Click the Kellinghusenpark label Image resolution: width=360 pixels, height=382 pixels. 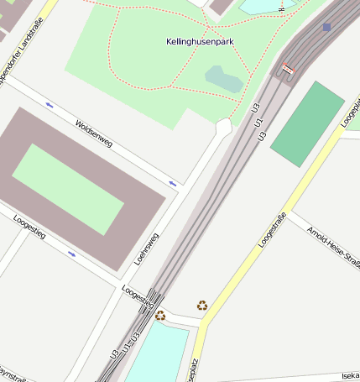click(x=200, y=41)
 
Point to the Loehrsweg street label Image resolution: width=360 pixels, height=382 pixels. click(x=146, y=249)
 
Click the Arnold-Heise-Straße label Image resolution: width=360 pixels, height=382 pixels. click(x=333, y=248)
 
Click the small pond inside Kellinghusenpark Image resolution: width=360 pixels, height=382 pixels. click(x=224, y=80)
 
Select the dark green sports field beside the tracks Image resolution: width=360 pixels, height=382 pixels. click(x=307, y=123)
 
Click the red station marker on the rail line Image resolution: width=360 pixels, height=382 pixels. click(x=289, y=69)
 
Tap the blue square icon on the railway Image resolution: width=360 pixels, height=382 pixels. click(x=326, y=27)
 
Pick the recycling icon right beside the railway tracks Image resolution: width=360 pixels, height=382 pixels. click(x=160, y=316)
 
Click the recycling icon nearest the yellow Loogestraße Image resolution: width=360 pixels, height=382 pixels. click(x=202, y=306)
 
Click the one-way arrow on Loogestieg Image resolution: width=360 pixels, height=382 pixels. click(x=71, y=253)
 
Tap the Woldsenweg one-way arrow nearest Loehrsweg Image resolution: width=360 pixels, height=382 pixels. click(x=172, y=182)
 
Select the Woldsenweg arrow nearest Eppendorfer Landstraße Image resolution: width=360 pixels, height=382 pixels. click(x=49, y=105)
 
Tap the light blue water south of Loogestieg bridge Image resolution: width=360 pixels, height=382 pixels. click(x=157, y=353)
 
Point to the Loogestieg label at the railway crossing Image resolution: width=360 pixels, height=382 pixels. click(x=137, y=296)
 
